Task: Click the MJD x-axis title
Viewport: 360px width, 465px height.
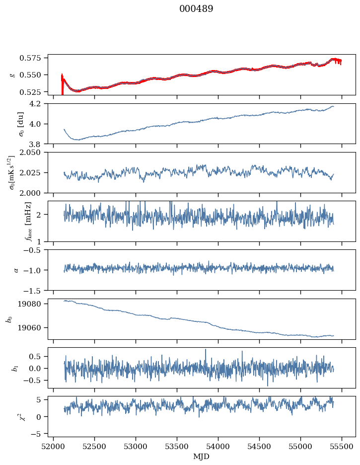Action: tap(201, 456)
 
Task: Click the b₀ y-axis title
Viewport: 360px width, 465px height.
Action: tap(9, 319)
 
